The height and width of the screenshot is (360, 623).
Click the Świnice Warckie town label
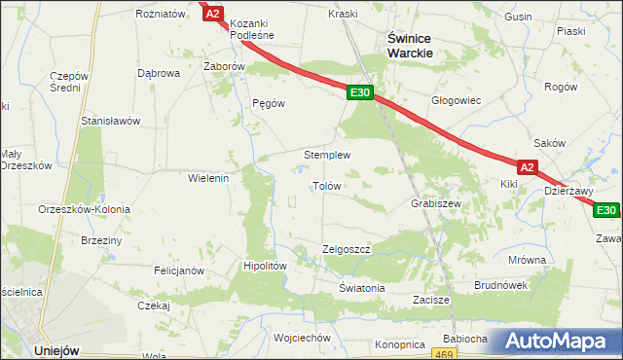[410, 45]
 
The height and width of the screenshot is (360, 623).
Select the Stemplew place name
[327, 155]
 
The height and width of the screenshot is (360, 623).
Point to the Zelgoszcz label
[347, 249]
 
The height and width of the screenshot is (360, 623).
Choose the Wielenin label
[207, 178]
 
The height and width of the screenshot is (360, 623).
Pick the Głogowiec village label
[457, 100]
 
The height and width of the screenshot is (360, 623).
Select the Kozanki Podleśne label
[252, 28]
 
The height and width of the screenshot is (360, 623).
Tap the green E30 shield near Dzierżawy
[606, 210]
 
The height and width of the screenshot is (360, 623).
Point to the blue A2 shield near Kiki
[527, 167]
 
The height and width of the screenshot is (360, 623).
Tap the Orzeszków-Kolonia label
[77, 210]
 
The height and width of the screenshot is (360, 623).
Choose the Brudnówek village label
[500, 285]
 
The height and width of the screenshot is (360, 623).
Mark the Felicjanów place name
[177, 270]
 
